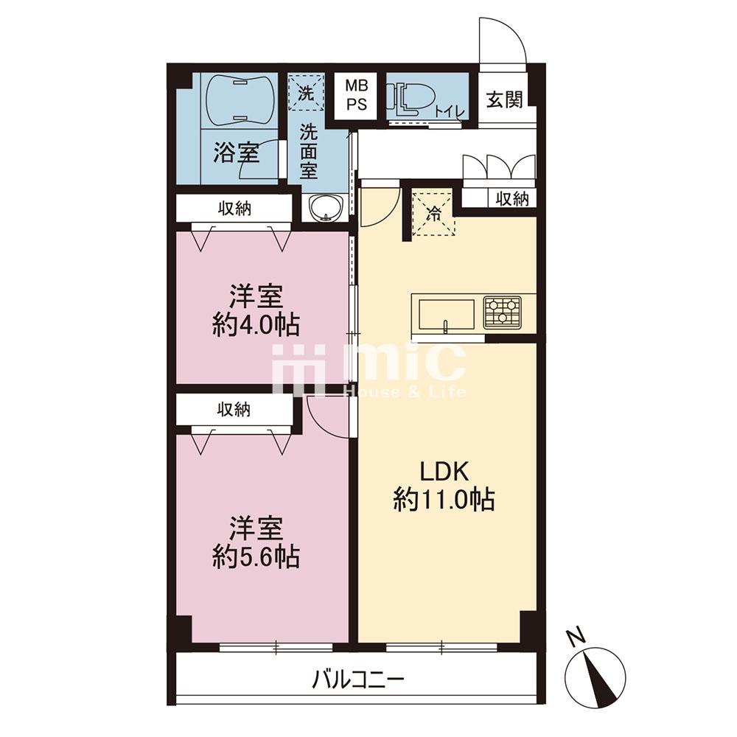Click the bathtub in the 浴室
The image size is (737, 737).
[x=240, y=100]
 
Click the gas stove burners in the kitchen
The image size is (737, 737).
[x=503, y=312]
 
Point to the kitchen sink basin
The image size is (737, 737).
[x=447, y=315]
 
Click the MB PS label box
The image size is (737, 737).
[x=356, y=95]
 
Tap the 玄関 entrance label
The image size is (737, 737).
[x=504, y=99]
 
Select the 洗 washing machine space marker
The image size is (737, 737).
[x=306, y=93]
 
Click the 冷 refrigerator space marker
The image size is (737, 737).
[x=433, y=214]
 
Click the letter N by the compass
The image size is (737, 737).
[x=576, y=637]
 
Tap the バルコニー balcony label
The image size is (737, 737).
[x=358, y=680]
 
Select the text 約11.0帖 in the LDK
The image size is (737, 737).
[x=444, y=499]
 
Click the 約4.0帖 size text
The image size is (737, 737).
[x=256, y=324]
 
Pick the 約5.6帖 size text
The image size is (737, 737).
[x=256, y=557]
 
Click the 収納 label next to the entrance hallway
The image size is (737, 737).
[x=512, y=199]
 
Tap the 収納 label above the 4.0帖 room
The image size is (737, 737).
[x=234, y=209]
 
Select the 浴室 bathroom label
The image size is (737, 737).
[x=237, y=153]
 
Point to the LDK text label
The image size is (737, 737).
[x=444, y=472]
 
